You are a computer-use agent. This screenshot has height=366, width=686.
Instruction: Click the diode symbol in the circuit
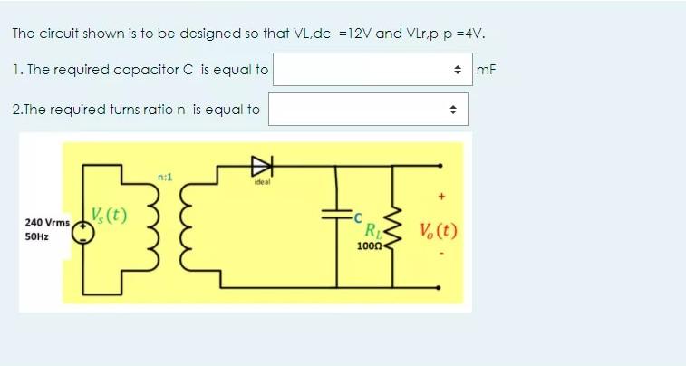pyautogui.click(x=260, y=165)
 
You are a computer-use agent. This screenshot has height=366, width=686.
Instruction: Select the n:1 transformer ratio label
pyautogui.click(x=164, y=177)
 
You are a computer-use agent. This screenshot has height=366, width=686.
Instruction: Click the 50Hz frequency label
pyautogui.click(x=38, y=236)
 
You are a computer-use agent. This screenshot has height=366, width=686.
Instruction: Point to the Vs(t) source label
pyautogui.click(x=111, y=217)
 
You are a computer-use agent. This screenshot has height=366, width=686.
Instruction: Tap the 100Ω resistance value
pyautogui.click(x=369, y=246)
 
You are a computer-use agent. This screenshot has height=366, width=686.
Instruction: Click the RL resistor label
pyautogui.click(x=372, y=230)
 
